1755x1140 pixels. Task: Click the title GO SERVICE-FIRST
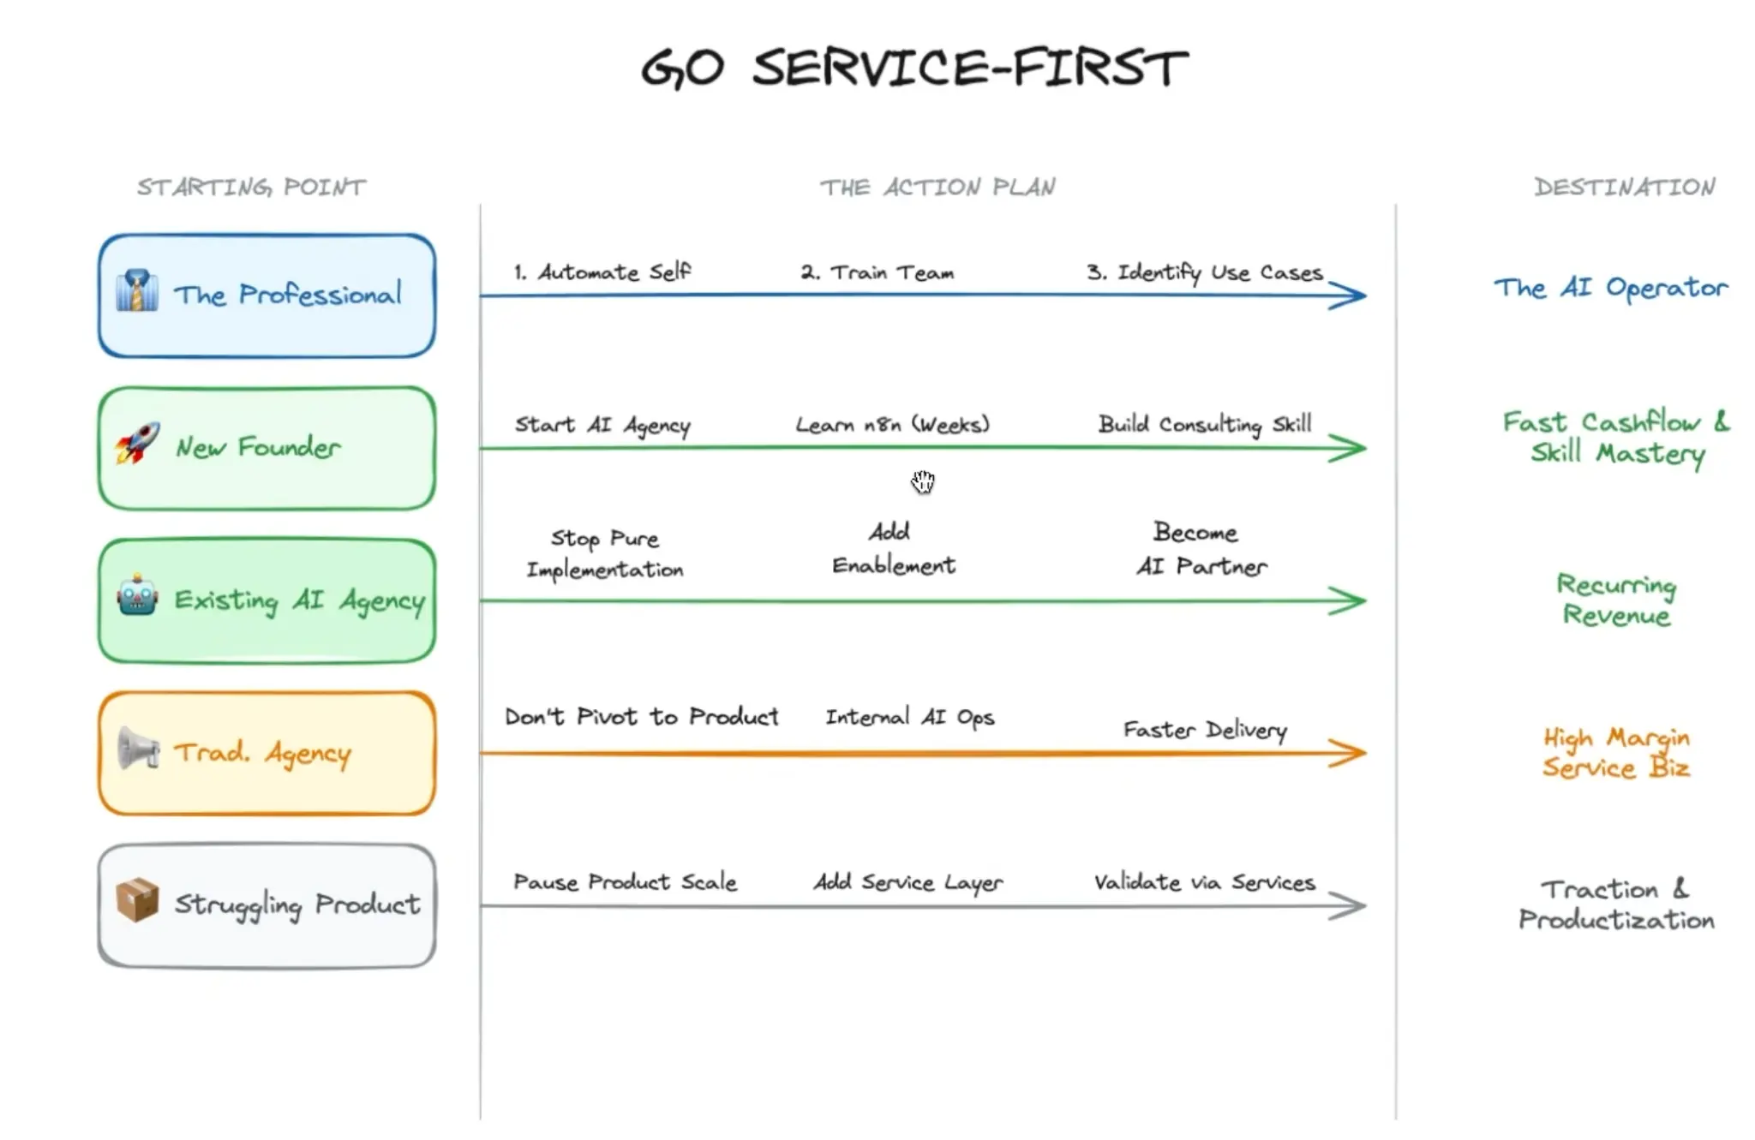pyautogui.click(x=914, y=68)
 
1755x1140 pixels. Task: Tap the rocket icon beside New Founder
pyautogui.click(x=138, y=444)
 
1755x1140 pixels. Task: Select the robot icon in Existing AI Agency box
pyautogui.click(x=137, y=595)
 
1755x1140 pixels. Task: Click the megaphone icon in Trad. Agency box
pyautogui.click(x=137, y=749)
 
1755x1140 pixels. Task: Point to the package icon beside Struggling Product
pyautogui.click(x=137, y=899)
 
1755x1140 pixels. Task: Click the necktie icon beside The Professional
pyautogui.click(x=137, y=291)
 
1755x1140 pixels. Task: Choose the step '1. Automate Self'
pyautogui.click(x=602, y=272)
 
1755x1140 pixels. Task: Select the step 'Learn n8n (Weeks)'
pyautogui.click(x=892, y=425)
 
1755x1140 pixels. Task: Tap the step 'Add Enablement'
pyautogui.click(x=893, y=548)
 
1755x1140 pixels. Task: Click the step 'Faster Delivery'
pyautogui.click(x=1205, y=730)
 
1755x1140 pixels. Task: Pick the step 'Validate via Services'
pyautogui.click(x=1204, y=882)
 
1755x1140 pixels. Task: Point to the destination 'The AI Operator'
pyautogui.click(x=1611, y=288)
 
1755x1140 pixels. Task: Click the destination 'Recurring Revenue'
pyautogui.click(x=1616, y=600)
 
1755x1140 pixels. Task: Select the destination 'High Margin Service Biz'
pyautogui.click(x=1616, y=752)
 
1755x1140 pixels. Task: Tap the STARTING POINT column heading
pyautogui.click(x=251, y=187)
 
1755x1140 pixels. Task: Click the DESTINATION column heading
pyautogui.click(x=1625, y=187)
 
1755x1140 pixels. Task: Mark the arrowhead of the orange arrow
pyautogui.click(x=1351, y=753)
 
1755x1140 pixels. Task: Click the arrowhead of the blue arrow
pyautogui.click(x=1351, y=295)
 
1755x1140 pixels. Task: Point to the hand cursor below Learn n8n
pyautogui.click(x=923, y=481)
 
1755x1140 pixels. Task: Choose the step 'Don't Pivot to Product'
pyautogui.click(x=641, y=717)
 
